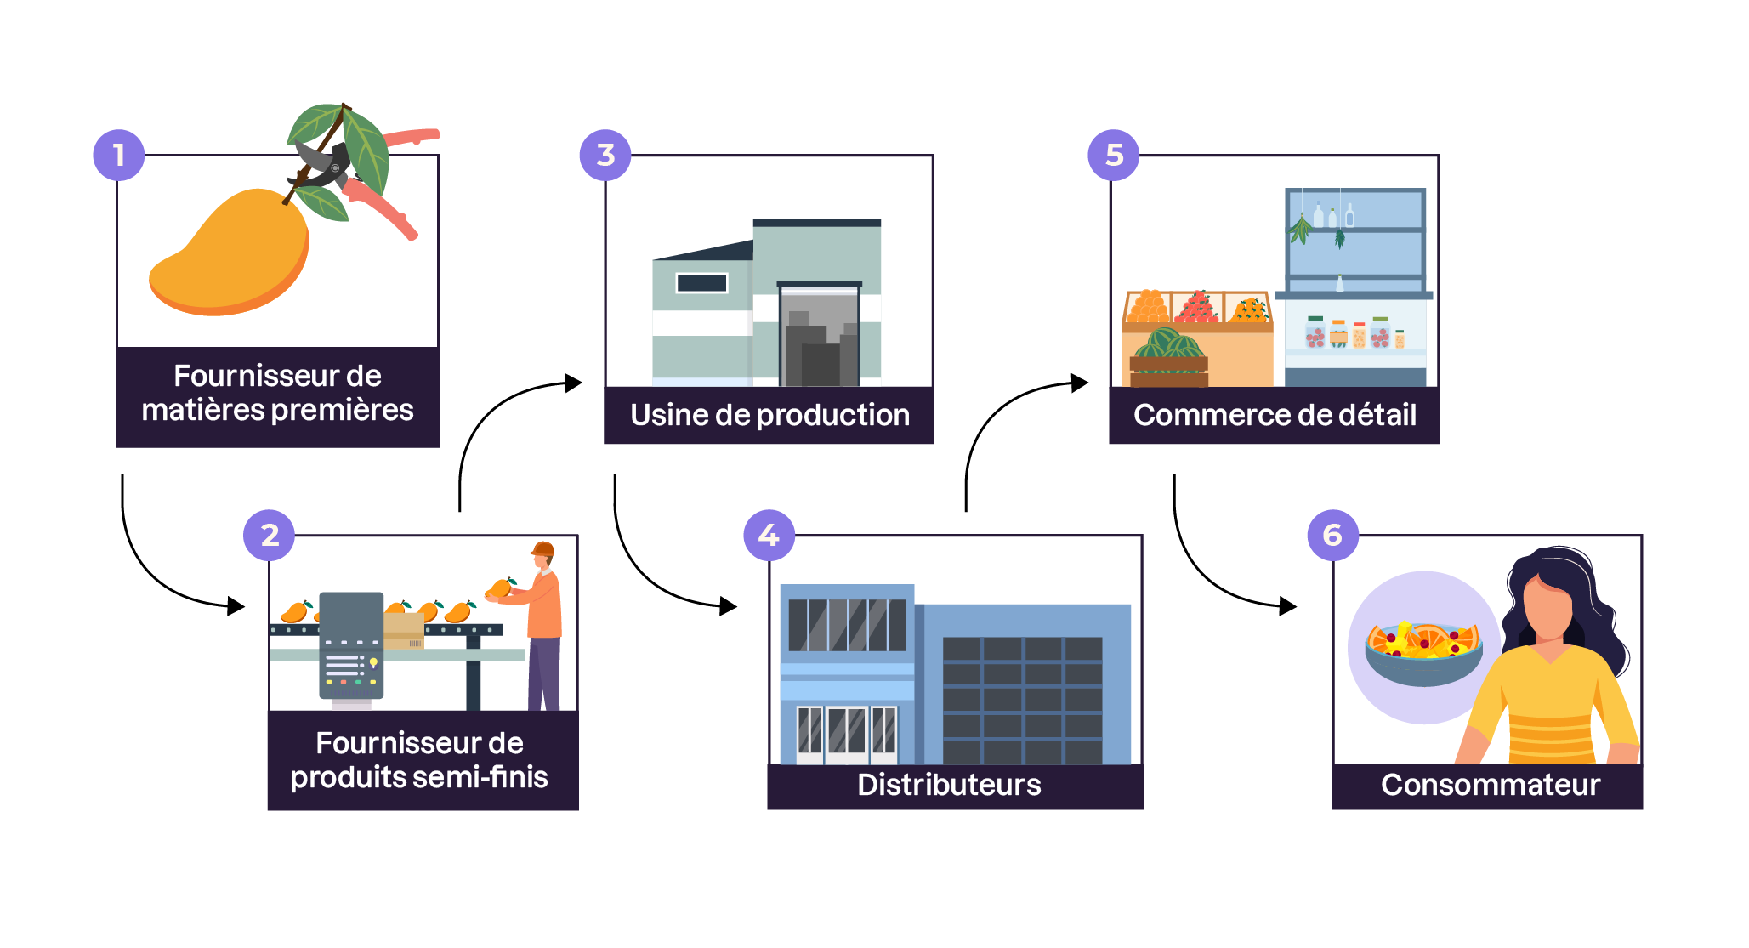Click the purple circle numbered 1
118,155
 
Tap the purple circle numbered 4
769,535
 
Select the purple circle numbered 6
1332,535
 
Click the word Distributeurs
949,784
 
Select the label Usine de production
769,415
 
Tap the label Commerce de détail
1274,415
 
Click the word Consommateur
1490,784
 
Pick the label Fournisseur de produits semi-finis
419,760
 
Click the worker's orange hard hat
542,549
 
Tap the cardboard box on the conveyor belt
404,630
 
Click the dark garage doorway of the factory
820,336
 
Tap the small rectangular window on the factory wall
701,283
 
